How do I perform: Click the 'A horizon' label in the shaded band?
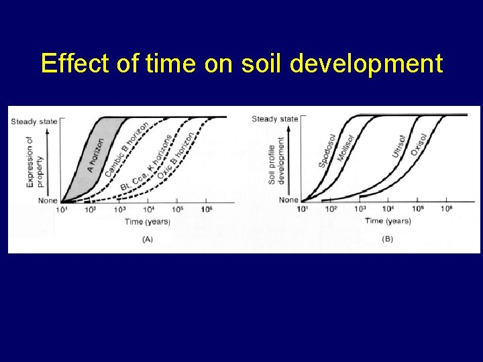coord(95,156)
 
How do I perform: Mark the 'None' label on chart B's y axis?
coord(288,200)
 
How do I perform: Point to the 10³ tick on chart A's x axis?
coord(119,210)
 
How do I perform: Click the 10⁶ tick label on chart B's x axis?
coord(446,209)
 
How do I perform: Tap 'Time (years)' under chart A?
coord(147,221)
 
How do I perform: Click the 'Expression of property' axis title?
coord(35,161)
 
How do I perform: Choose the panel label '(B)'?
coord(387,239)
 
